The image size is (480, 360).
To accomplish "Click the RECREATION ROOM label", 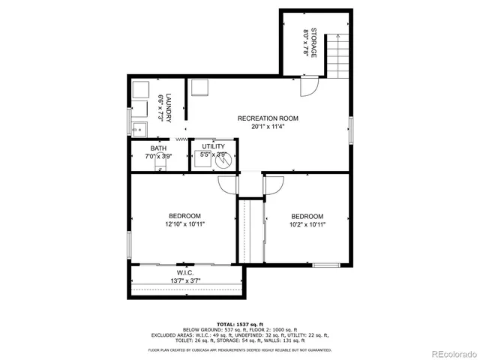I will pyautogui.click(x=268, y=118).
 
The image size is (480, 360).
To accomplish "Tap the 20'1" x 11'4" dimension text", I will pyautogui.click(x=268, y=127).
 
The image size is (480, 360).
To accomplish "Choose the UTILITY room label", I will pyautogui.click(x=213, y=146).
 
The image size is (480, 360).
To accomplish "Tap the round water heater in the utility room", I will pyautogui.click(x=220, y=158).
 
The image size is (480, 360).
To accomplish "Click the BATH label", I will pyautogui.click(x=158, y=148).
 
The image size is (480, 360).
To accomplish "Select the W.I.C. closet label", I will pyautogui.click(x=185, y=272).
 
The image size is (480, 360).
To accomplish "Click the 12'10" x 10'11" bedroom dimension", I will pyautogui.click(x=185, y=223).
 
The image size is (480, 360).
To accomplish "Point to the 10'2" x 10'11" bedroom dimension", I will pyautogui.click(x=307, y=223).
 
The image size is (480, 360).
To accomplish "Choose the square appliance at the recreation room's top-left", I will pyautogui.click(x=199, y=88).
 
